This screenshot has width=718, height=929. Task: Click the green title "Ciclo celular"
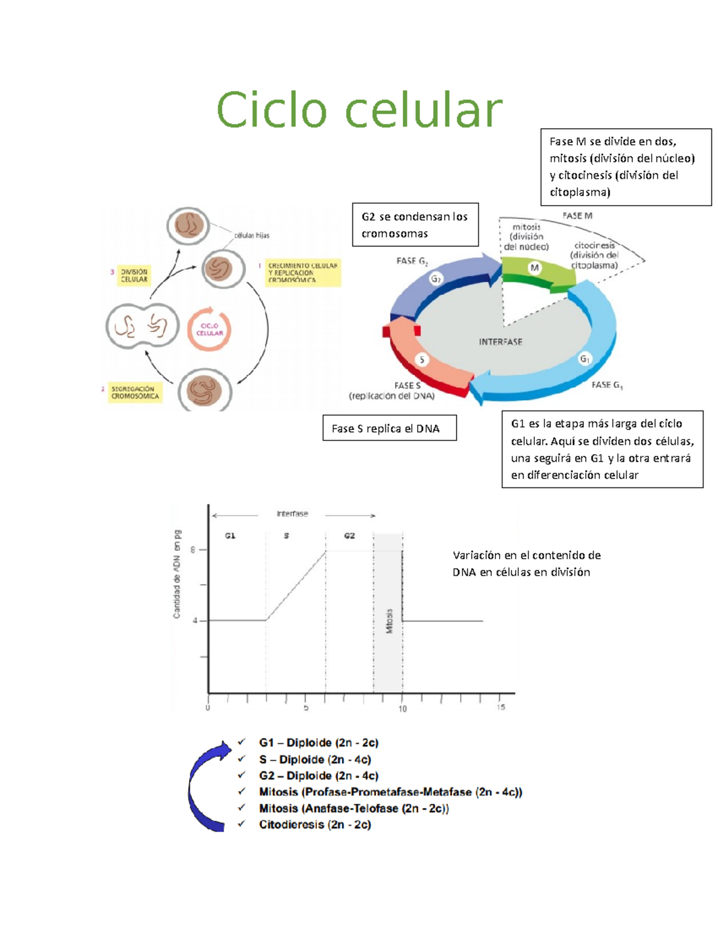(x=359, y=110)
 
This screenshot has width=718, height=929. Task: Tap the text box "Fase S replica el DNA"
(x=389, y=428)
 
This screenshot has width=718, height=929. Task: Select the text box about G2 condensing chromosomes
(x=415, y=225)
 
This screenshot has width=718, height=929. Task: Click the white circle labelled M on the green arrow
(x=534, y=268)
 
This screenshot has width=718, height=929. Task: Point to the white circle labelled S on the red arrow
(x=422, y=360)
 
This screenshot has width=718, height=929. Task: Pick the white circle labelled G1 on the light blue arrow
(x=585, y=359)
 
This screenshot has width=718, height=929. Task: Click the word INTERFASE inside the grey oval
(x=500, y=342)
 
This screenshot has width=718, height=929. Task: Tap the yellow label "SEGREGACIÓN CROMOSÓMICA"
(x=135, y=392)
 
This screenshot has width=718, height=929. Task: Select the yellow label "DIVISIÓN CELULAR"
(x=134, y=275)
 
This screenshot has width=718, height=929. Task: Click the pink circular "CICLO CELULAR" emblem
(x=209, y=330)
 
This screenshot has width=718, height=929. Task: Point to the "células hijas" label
(x=251, y=235)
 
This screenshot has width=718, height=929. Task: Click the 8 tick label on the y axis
(x=193, y=550)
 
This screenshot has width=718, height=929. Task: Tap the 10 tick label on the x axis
(x=403, y=709)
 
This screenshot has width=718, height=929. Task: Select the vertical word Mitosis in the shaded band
(x=390, y=621)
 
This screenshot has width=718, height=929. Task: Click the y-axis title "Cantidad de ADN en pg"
(x=177, y=574)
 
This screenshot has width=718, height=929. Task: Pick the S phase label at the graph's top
(x=287, y=536)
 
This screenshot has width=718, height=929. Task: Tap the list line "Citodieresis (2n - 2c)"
(x=315, y=825)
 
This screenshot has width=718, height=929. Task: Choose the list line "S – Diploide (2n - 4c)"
(x=315, y=760)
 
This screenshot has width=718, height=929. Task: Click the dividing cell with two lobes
(x=142, y=326)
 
